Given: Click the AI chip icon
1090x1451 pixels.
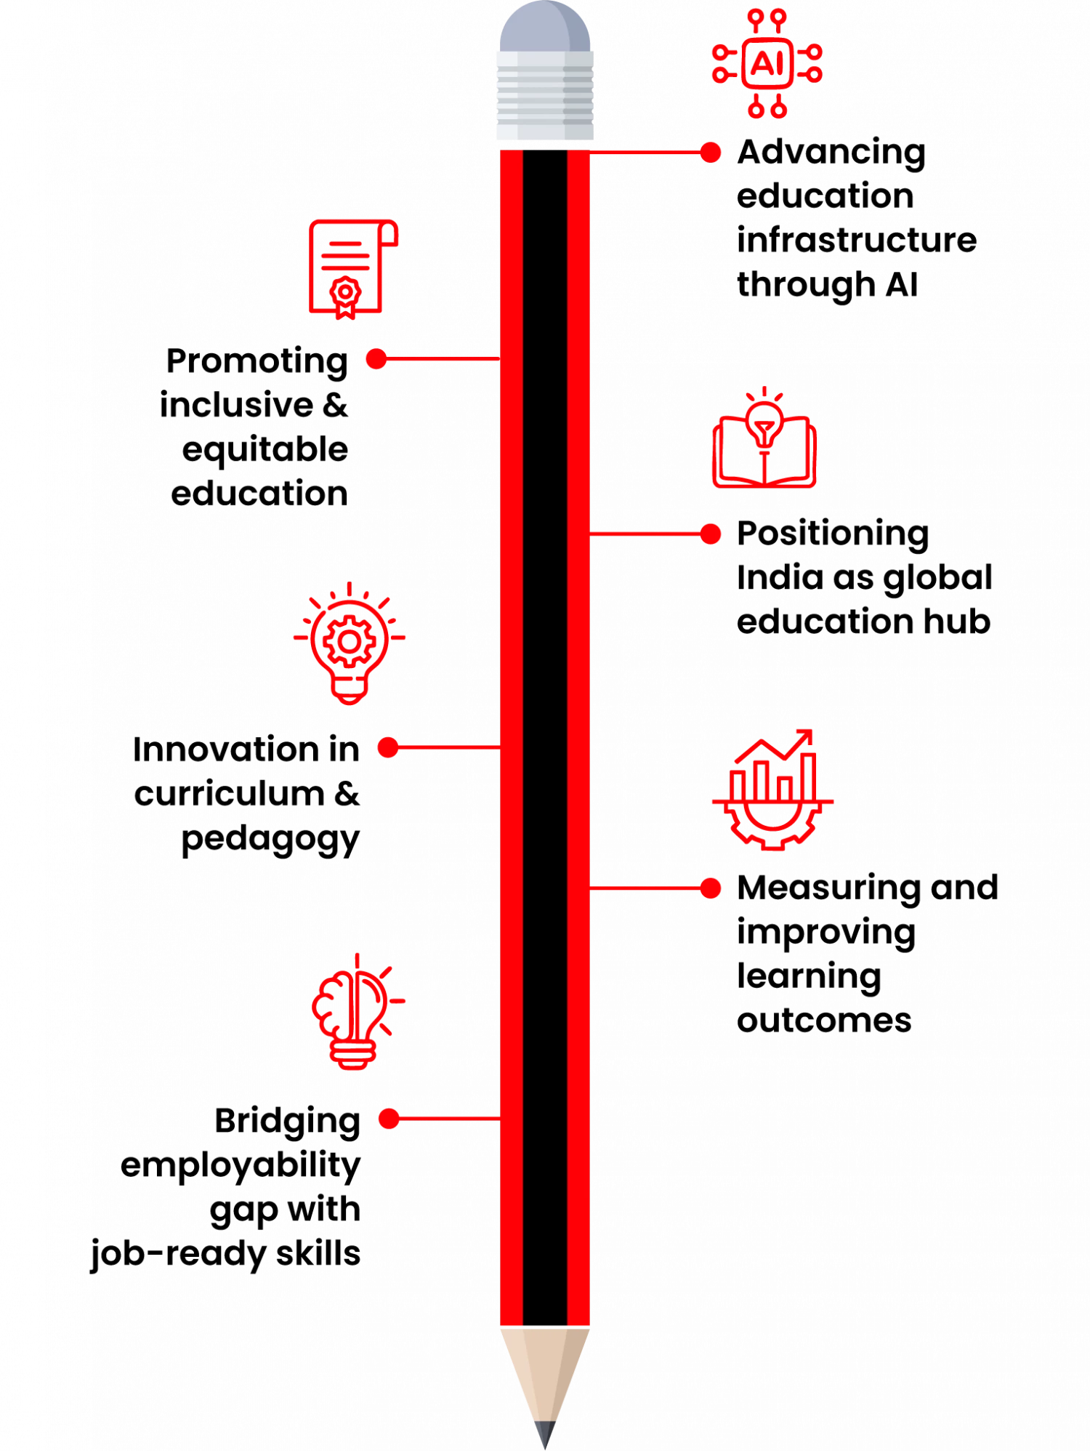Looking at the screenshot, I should [767, 64].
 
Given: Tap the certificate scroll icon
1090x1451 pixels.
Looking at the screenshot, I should [352, 267].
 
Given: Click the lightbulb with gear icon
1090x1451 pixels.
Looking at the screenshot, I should [350, 644].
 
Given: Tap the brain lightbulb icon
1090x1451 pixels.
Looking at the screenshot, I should [355, 1013].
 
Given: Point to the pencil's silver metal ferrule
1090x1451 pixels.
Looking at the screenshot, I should [545, 95].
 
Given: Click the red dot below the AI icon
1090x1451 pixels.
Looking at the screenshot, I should [711, 153].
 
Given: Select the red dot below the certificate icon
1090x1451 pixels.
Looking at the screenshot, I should [376, 358].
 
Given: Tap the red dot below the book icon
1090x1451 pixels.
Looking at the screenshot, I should [711, 534].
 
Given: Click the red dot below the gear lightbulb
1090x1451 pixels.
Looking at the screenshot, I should [387, 747].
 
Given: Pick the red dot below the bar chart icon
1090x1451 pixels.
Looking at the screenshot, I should [711, 888].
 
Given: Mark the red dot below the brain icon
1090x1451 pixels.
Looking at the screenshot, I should [389, 1118].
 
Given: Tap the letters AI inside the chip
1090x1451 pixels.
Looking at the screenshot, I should [767, 64].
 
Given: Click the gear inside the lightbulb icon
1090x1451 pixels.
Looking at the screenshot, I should [350, 641].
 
